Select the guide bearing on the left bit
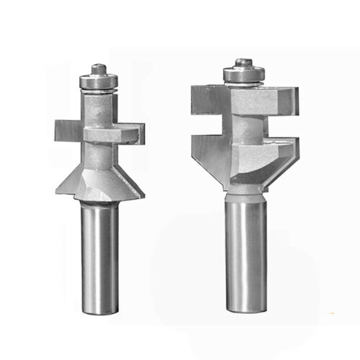point(99,81)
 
